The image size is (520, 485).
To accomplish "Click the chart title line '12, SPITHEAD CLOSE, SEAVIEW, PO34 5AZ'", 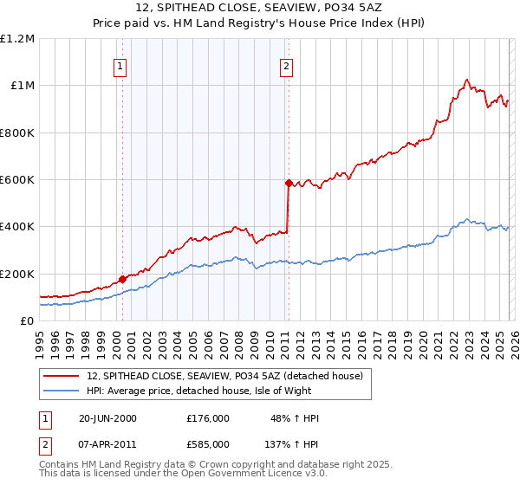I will point(259,9).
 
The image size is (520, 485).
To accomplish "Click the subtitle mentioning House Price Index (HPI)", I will point(259,23).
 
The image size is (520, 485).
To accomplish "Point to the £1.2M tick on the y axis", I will point(17,39).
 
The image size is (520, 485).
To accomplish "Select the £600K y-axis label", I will point(17,180).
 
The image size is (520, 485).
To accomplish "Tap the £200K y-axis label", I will point(17,274).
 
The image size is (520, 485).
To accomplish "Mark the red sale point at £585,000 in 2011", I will point(288,183).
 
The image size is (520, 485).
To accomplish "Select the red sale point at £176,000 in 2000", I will point(122,279).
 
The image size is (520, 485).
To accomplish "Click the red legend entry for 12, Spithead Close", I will point(230,376).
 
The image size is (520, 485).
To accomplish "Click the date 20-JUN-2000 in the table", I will point(107,418).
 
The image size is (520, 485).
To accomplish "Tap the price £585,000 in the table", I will point(207,443).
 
